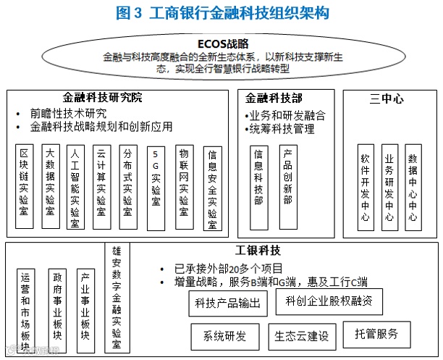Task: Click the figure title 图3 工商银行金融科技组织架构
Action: [222, 13]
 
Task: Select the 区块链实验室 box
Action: [25, 187]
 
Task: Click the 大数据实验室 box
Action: [50, 187]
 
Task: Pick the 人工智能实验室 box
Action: [75, 187]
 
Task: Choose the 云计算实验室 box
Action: [101, 187]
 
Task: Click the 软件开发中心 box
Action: [366, 187]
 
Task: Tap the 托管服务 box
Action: [376, 333]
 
